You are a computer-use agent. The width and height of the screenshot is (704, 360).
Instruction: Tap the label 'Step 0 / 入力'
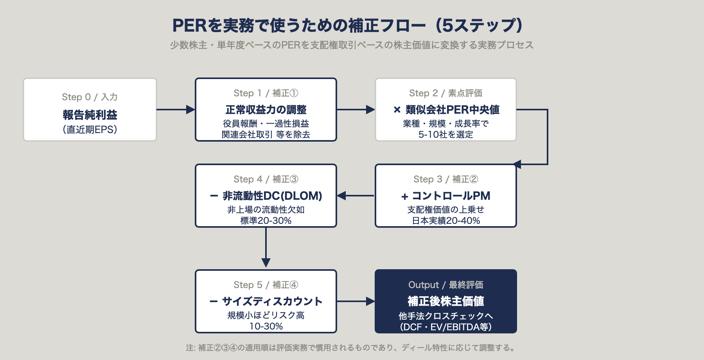[x=90, y=97]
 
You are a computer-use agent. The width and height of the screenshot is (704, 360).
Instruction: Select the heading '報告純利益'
[x=90, y=115]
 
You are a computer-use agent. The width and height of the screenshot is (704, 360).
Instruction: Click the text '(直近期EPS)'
[x=90, y=130]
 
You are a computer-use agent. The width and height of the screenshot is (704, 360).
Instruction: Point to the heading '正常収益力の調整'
[x=266, y=110]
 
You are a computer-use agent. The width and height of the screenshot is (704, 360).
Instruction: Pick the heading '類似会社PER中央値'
[x=452, y=110]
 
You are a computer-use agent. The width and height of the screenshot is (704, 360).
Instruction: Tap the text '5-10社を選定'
[x=445, y=135]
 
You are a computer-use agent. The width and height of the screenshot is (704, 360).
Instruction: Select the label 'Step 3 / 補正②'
[x=445, y=179]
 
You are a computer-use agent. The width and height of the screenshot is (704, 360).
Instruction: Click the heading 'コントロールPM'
[x=451, y=196]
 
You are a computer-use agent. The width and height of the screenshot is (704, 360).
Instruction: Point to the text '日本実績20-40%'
[x=445, y=221]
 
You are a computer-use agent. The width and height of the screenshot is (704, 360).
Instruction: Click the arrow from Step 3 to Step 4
[x=356, y=196]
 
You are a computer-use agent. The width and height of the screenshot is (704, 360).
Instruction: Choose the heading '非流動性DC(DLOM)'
[x=272, y=196]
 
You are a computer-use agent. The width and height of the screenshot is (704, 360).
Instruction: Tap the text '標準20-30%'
[x=266, y=221]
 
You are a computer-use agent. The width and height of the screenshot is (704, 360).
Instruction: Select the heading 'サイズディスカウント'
[x=272, y=301]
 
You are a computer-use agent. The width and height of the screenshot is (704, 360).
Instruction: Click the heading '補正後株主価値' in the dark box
[x=445, y=301]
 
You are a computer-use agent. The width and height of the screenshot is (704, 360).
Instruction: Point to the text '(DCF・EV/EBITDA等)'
[x=445, y=327]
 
